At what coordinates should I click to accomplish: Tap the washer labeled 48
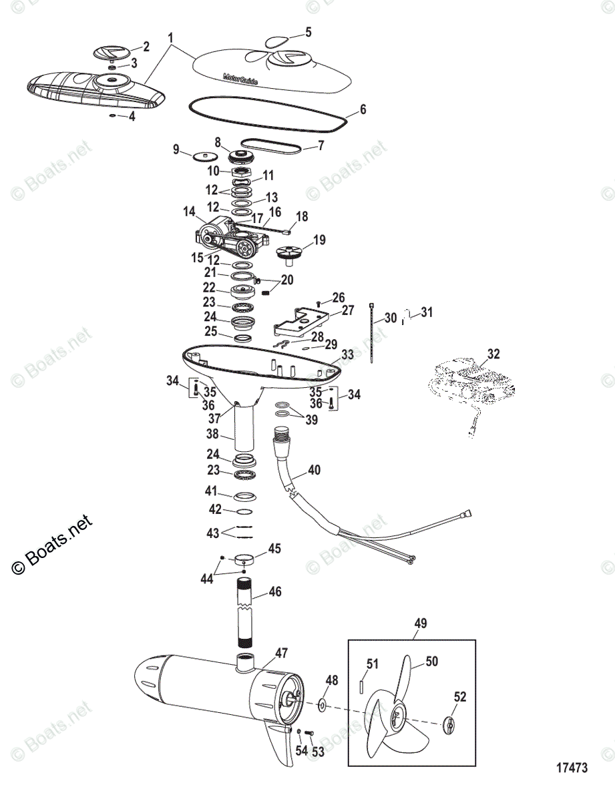click(x=322, y=705)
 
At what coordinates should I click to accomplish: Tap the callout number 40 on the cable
click(x=314, y=470)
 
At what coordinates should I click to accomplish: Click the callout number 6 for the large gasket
click(x=363, y=108)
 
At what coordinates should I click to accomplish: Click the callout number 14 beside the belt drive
click(x=189, y=211)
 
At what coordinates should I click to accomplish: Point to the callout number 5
click(x=308, y=31)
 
